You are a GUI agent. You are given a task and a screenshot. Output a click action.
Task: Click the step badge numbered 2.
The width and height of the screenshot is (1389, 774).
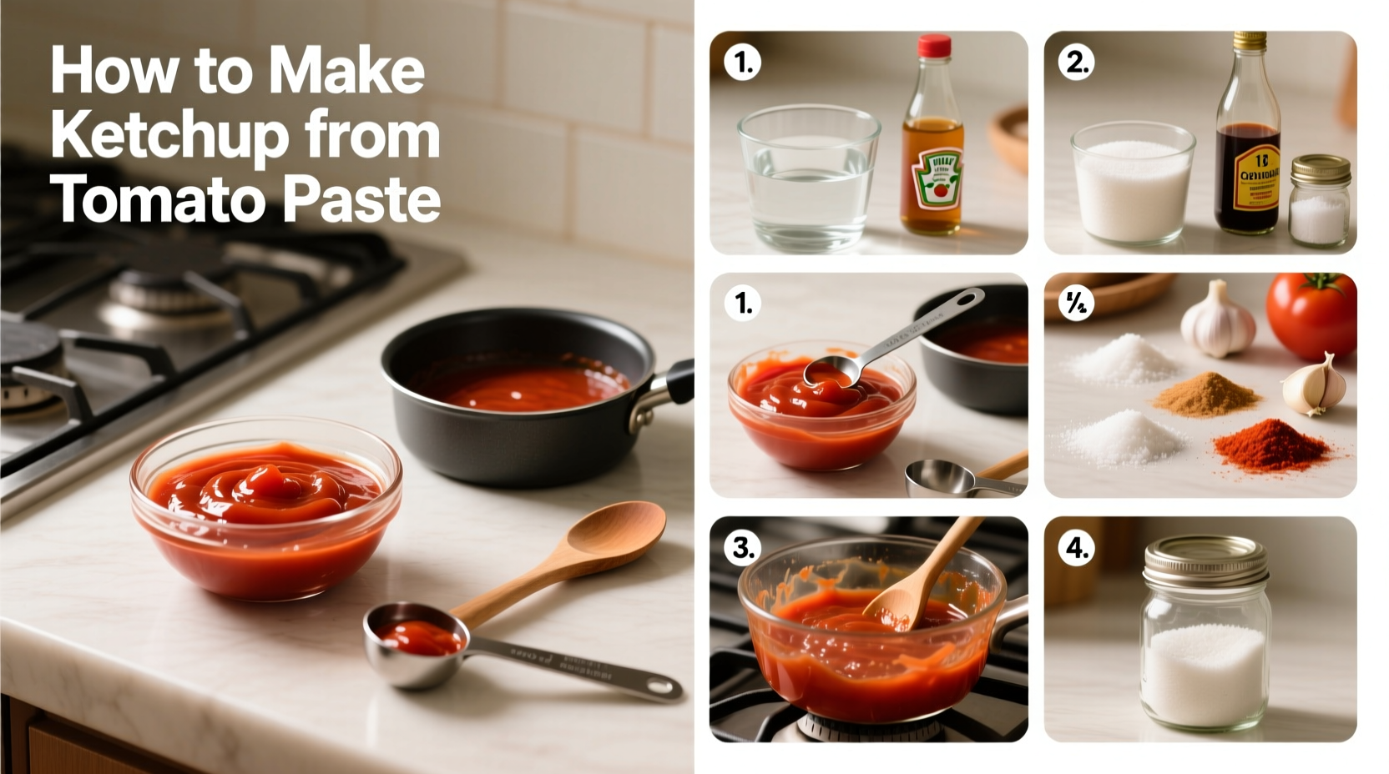click(x=1076, y=63)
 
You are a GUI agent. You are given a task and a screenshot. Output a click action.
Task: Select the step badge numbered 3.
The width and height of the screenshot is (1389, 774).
click(x=742, y=547)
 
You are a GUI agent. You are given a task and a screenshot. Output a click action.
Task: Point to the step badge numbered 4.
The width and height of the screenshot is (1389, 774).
click(x=1076, y=548)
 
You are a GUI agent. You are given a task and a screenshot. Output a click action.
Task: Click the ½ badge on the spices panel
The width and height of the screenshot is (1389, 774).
click(x=1076, y=304)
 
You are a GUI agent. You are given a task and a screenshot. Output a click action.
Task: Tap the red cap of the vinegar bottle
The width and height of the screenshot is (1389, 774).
click(x=934, y=45)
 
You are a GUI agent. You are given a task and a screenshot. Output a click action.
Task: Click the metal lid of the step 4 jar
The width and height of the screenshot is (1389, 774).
click(x=1205, y=561)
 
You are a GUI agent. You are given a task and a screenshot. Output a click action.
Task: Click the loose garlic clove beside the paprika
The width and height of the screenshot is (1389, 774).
click(x=1314, y=384)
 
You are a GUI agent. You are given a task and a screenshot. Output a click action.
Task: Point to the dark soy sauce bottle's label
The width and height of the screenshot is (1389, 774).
click(x=1247, y=177)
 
